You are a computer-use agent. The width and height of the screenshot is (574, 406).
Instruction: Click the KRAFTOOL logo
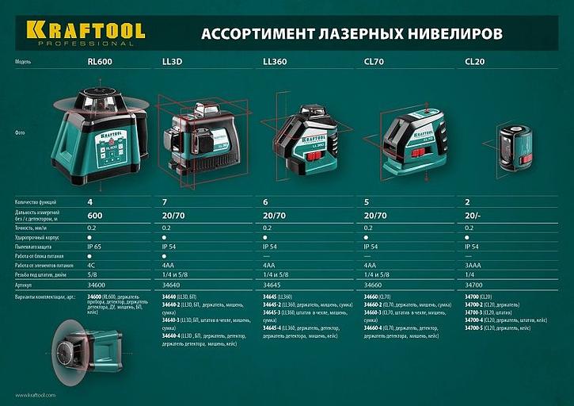(x=86, y=33)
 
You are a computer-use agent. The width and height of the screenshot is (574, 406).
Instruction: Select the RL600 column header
(x=99, y=60)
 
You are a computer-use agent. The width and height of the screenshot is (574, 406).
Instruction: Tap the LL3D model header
(x=173, y=60)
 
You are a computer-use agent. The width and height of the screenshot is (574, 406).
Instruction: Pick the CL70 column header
(x=374, y=60)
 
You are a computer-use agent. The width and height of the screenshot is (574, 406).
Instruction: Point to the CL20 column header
(x=475, y=60)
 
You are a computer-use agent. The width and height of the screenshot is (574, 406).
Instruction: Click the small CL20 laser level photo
(x=518, y=146)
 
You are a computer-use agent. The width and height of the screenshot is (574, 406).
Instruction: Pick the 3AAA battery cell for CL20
(x=473, y=266)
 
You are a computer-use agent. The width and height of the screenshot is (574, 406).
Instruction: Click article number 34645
(x=273, y=284)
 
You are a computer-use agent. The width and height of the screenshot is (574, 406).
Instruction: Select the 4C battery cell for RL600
(x=91, y=266)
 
